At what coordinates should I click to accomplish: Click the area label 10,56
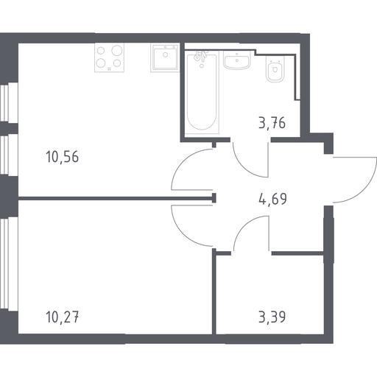pos(62,157)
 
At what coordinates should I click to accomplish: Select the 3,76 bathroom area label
pos(272,123)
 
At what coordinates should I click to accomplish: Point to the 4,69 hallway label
pos(272,199)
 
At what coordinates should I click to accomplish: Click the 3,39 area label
pos(272,317)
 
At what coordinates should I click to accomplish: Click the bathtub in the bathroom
pos(202,93)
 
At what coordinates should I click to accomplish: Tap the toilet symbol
pos(275,69)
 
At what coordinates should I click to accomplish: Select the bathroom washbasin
pos(237,60)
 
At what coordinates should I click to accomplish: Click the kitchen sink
pos(165,58)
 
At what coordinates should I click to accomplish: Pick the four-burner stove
pos(109,58)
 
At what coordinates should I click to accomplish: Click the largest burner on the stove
pos(117,50)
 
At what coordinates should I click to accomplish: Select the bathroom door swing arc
pos(244,168)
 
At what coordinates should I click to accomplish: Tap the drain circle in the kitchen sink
pos(166,54)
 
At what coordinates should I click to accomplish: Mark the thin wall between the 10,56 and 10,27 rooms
pos(116,198)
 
